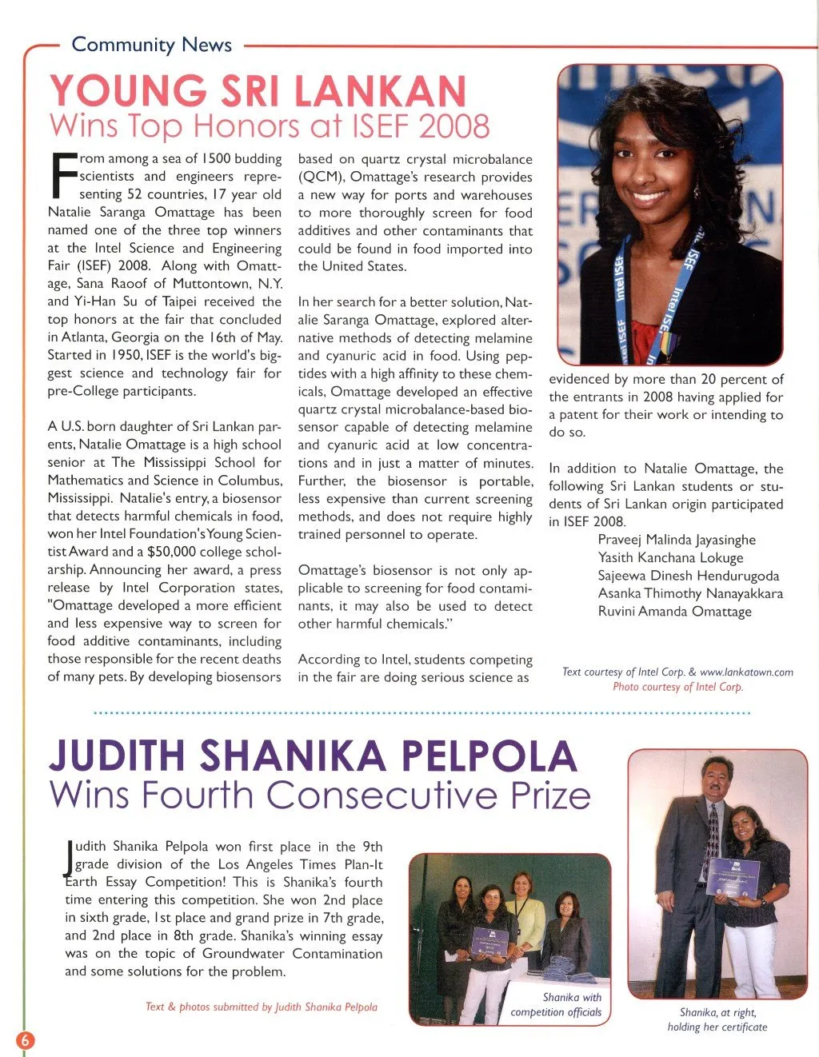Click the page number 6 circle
point(25,1039)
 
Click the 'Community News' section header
point(152,45)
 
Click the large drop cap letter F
point(63,176)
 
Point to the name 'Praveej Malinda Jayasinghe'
point(677,540)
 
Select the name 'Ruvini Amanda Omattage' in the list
point(674,612)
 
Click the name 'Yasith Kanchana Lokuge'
point(670,558)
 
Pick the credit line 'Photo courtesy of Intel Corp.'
point(677,687)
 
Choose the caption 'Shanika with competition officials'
point(557,1005)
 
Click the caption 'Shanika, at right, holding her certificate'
point(717,1019)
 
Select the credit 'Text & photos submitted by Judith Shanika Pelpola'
point(262,1007)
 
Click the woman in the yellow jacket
point(524,919)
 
